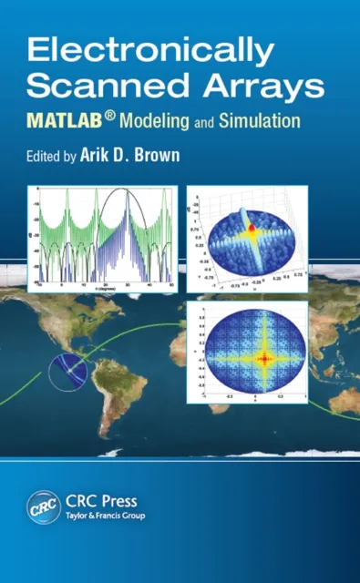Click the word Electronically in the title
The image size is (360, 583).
pos(149,52)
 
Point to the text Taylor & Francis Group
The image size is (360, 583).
pos(104,517)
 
